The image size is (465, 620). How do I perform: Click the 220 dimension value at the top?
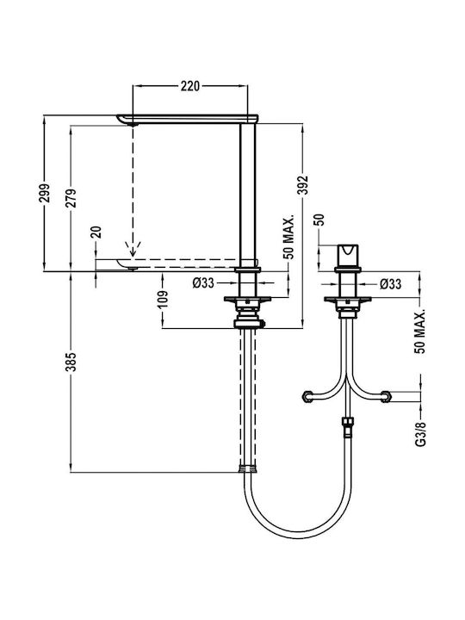point(190,86)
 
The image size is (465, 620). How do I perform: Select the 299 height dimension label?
point(45,193)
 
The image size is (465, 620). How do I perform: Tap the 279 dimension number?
point(71,198)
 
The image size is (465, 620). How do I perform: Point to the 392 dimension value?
point(302,185)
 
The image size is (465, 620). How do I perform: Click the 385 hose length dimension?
point(71,362)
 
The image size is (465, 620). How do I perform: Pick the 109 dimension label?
point(163,300)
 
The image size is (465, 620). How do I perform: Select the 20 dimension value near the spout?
point(96,232)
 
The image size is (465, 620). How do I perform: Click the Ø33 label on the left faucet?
point(203,283)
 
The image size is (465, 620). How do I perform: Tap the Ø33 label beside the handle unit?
point(391,284)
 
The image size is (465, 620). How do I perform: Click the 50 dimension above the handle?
point(319,220)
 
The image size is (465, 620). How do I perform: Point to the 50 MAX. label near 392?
point(288,238)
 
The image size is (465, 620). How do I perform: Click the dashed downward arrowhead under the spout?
point(133,249)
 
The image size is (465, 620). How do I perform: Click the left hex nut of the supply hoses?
point(307,397)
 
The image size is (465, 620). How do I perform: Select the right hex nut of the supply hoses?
point(386,397)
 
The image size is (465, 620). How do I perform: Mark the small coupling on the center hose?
point(347,426)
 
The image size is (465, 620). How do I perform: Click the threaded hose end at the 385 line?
point(248,469)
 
